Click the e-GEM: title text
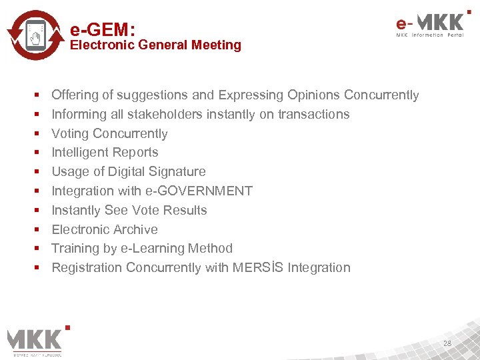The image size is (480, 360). [103, 29]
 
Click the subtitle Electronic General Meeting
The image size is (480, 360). [155, 45]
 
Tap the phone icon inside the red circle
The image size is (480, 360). [37, 35]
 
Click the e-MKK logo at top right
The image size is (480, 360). [429, 25]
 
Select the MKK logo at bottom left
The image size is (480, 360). [35, 339]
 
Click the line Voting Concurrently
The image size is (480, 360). [109, 134]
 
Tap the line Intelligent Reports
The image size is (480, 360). [105, 153]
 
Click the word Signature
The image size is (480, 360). [178, 172]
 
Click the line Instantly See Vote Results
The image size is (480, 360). [129, 211]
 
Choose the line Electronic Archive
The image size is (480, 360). [105, 230]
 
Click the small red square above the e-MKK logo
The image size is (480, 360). [469, 11]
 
